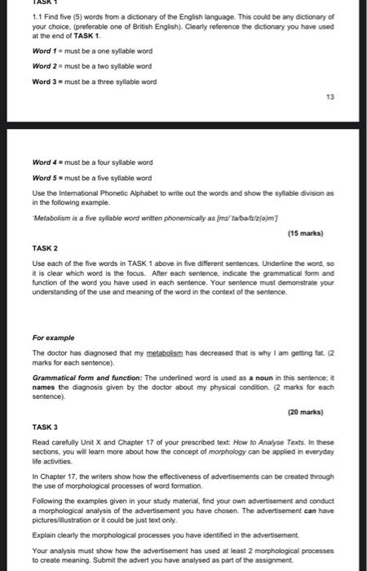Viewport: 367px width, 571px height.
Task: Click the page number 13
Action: click(352, 96)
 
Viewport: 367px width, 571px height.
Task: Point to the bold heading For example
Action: click(54, 337)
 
